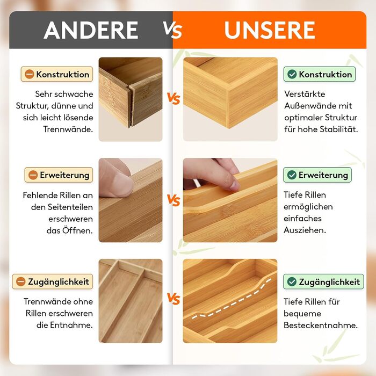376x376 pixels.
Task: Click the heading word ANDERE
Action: pos(91,30)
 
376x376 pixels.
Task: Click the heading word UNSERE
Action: pos(270,30)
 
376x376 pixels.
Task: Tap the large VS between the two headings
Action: pos(172,30)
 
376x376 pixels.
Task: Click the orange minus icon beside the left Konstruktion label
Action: pos(29,74)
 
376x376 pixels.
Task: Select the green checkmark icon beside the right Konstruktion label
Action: pos(292,74)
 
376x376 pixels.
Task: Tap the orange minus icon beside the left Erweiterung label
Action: pos(33,175)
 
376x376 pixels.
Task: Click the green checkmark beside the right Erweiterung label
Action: pos(292,175)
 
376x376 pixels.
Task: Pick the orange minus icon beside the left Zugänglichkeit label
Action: pos(20,281)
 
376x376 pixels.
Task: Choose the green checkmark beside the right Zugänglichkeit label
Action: pos(292,281)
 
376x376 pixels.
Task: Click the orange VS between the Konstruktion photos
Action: pos(173,98)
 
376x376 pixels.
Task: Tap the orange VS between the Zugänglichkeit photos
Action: pos(173,299)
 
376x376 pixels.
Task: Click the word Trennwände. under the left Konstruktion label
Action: pos(68,129)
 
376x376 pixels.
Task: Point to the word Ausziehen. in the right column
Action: pos(305,230)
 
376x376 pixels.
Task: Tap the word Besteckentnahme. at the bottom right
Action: pos(321,325)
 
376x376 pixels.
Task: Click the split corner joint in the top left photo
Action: pos(131,105)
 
